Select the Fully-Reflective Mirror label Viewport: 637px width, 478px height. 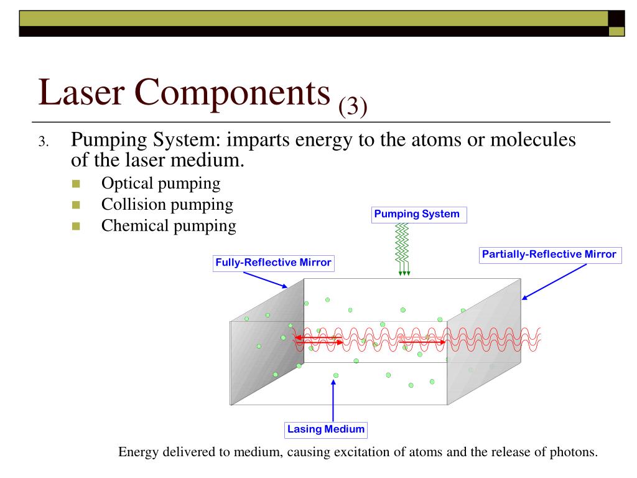(x=273, y=263)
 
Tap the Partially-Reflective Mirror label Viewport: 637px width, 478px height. (x=549, y=255)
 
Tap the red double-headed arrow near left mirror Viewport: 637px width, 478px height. (x=318, y=339)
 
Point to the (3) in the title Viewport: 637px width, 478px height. (x=353, y=106)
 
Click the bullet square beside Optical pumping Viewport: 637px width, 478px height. (x=77, y=184)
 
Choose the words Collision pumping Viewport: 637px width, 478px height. (x=167, y=204)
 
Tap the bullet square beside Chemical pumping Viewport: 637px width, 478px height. (x=77, y=226)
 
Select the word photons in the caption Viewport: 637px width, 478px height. (x=572, y=452)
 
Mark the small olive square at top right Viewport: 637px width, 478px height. (x=616, y=31)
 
